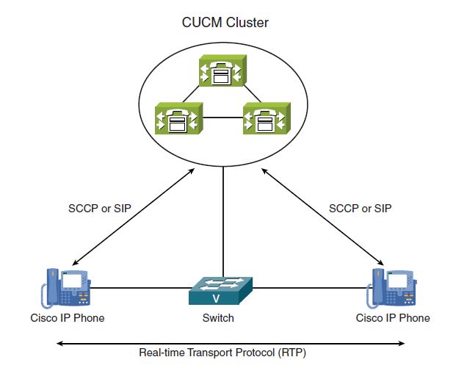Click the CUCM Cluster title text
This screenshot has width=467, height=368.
point(225,23)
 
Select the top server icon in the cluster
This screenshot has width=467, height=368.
point(222,71)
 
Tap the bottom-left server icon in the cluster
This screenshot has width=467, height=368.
point(179,118)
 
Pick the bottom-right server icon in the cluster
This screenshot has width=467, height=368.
point(267,118)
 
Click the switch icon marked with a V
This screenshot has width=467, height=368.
point(221,291)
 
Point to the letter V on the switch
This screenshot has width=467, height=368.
point(217,298)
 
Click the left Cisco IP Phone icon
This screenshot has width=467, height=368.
point(66,288)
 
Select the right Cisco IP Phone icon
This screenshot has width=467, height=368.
point(391,288)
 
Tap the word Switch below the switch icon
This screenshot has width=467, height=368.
point(218,318)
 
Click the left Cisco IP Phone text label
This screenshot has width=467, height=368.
point(68,318)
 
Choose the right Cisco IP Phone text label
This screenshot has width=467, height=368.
point(393,318)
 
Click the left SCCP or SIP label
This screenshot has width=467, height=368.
point(100,209)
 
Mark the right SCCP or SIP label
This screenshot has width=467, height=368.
point(361,209)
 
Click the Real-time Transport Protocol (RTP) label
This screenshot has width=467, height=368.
point(222,353)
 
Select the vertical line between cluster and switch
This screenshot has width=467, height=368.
point(223,222)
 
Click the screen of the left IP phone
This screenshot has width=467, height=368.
point(72,281)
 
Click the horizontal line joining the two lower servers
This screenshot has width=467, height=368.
point(223,118)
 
